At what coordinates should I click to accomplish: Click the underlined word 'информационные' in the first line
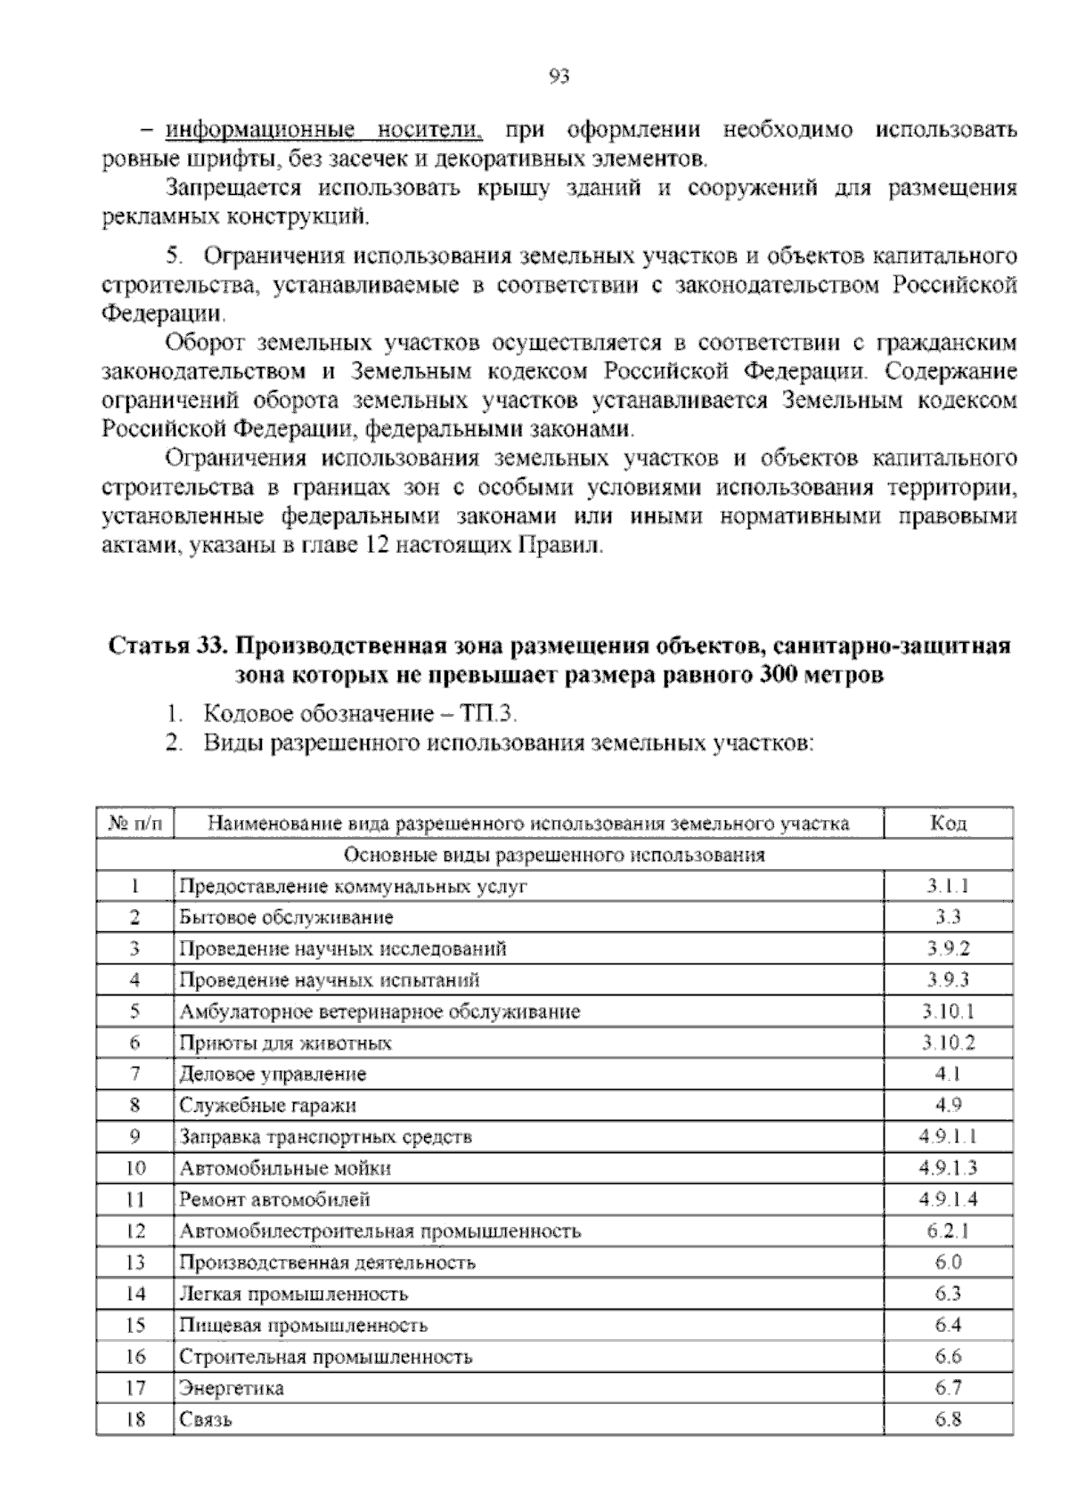tap(259, 131)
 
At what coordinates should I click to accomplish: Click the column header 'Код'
tap(948, 824)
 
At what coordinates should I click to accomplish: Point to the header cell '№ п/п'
tap(135, 824)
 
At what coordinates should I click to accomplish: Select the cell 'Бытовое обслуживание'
tap(286, 917)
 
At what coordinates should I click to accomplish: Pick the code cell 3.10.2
tap(948, 1043)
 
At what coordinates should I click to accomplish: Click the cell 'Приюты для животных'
tap(285, 1043)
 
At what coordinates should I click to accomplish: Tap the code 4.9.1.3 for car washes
tap(948, 1167)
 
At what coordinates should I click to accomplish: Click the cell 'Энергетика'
tap(232, 1387)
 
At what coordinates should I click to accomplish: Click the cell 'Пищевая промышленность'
tap(303, 1325)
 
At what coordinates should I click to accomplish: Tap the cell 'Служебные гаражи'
tap(267, 1105)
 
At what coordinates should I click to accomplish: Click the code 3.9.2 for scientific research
tap(948, 948)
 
